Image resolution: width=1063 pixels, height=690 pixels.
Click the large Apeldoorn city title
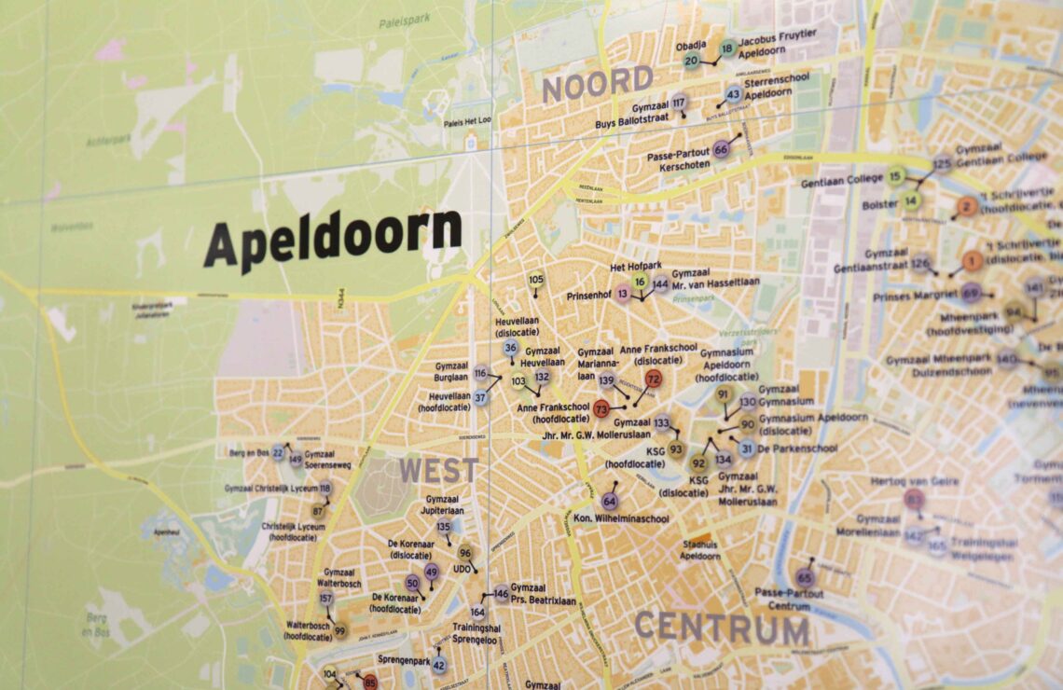333,239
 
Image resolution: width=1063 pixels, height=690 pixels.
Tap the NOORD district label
598,85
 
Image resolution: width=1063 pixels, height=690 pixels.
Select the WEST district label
438,470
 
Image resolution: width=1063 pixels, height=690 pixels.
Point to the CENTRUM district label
721,628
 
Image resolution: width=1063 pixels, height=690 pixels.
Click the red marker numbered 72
653,379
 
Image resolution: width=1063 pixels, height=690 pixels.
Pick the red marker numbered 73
601,408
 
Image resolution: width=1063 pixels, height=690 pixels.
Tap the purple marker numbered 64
609,501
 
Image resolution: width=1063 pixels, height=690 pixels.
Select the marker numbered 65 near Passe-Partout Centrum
805,577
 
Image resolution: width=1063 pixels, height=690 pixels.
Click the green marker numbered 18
727,48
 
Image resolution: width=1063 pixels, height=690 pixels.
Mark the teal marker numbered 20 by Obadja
691,62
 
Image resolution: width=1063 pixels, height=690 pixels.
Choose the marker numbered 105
535,279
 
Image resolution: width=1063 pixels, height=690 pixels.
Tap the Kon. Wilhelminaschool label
620,518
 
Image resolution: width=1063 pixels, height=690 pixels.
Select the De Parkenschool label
798,448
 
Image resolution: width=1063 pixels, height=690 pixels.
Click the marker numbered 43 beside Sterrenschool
733,94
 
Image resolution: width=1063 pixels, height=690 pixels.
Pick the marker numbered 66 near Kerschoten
721,149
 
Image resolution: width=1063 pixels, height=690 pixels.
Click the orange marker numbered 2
967,207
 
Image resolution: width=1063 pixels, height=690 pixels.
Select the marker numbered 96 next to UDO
464,552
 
